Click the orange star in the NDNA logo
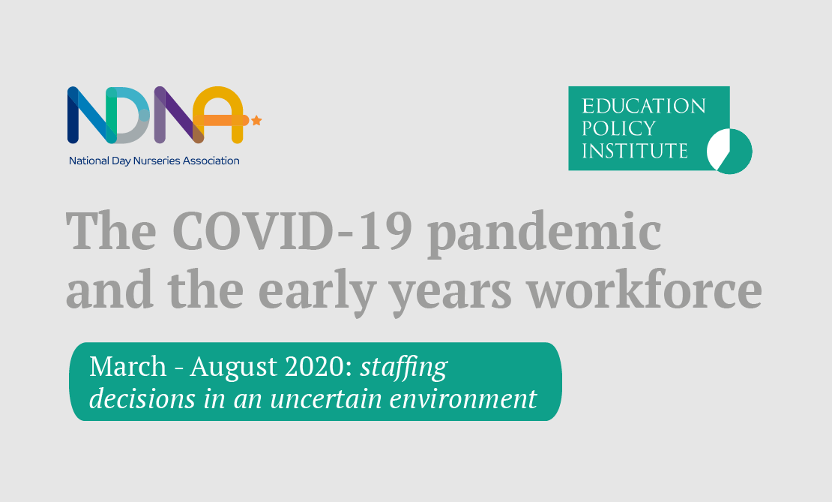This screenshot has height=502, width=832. tap(256, 120)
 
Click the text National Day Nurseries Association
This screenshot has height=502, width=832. tap(154, 161)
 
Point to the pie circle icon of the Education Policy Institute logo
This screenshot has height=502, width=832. tap(730, 151)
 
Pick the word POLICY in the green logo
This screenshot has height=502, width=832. tap(618, 128)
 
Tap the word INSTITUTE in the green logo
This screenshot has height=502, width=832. tap(635, 151)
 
